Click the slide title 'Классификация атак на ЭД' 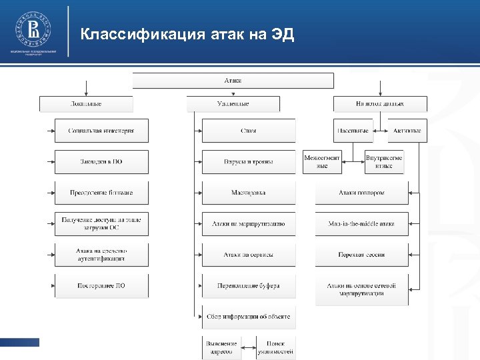click(x=187, y=35)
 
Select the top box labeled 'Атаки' click(x=233, y=81)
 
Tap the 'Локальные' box click(x=86, y=104)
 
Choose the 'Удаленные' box click(x=233, y=104)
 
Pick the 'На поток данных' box click(x=380, y=104)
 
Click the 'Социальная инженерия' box click(x=101, y=131)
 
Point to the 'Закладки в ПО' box click(x=101, y=162)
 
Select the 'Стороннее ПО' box click(x=101, y=286)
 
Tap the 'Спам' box click(x=249, y=131)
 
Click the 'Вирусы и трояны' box click(x=249, y=162)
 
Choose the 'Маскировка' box click(x=249, y=193)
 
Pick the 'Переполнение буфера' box click(x=249, y=286)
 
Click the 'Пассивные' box click(x=353, y=131)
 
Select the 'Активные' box click(x=407, y=131)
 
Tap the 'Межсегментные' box click(x=322, y=162)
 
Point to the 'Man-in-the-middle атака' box click(x=361, y=224)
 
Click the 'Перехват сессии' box click(x=361, y=255)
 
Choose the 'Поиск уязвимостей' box click(x=275, y=346)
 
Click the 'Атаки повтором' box click(x=361, y=193)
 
